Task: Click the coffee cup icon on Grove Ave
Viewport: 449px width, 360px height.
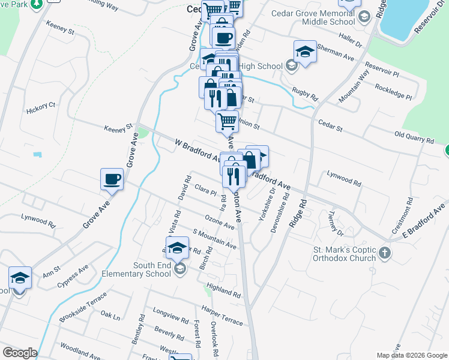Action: coord(112,179)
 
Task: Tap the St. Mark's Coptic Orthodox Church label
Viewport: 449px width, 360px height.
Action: coord(345,254)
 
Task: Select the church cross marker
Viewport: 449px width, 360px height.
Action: coord(385,254)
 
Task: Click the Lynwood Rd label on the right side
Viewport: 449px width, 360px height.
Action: coord(344,178)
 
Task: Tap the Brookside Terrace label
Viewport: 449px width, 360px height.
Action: coord(83,307)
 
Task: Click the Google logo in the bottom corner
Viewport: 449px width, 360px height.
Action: coord(20,353)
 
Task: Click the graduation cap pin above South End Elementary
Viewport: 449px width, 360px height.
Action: coord(178,248)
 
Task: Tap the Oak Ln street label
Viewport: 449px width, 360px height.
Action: coord(110,314)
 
